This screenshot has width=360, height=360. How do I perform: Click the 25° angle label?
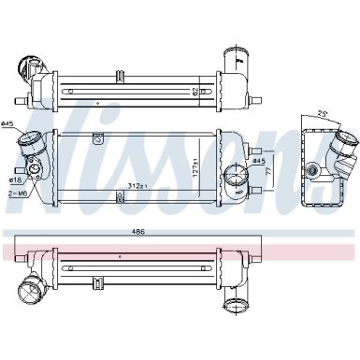point(324,112)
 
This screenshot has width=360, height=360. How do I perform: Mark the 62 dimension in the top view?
point(221,90)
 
